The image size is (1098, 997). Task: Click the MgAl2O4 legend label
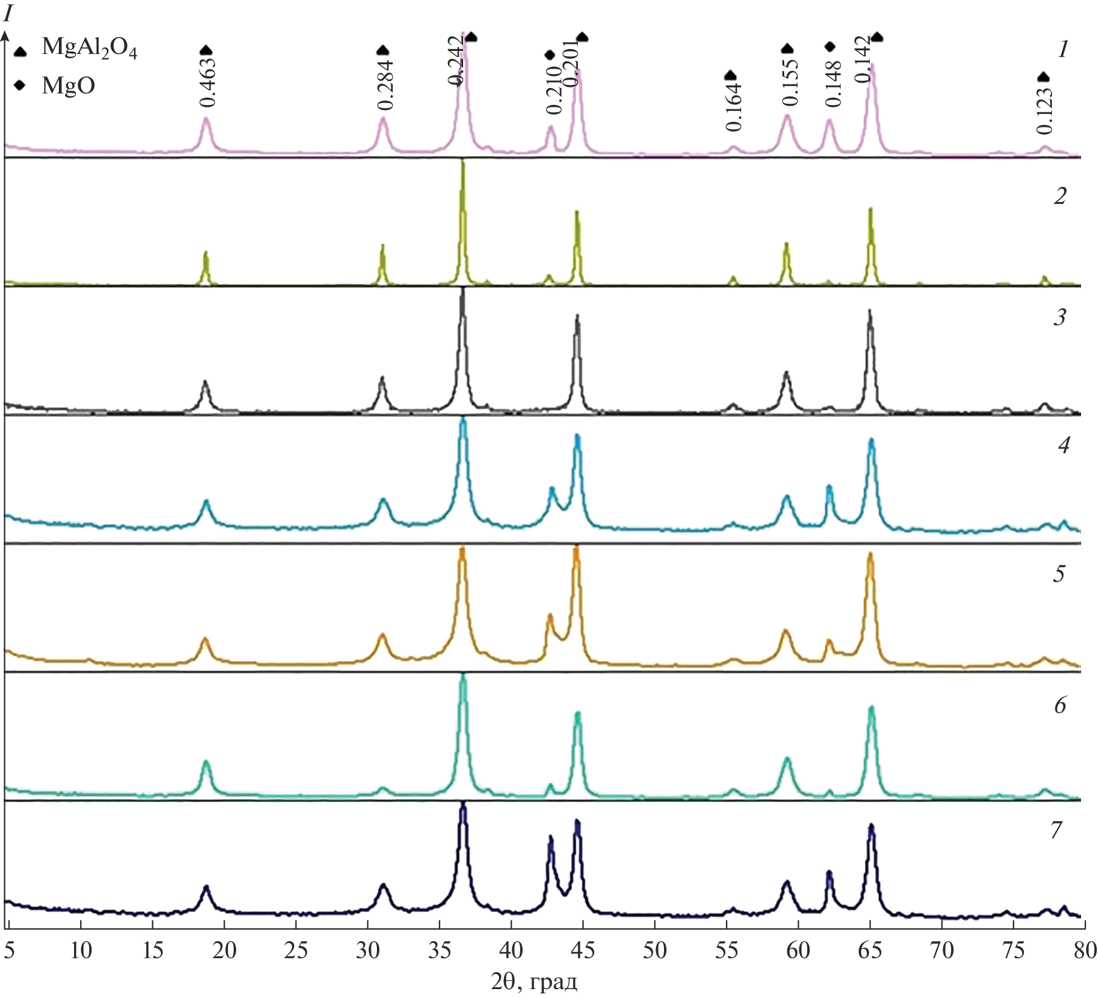[x=89, y=48]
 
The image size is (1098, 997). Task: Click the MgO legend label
[x=68, y=86]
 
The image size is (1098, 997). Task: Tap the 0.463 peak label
[x=208, y=83]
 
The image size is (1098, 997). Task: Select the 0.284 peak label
[x=385, y=86]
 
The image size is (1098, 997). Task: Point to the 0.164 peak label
[x=733, y=107]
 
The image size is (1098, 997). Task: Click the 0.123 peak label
[x=1044, y=110]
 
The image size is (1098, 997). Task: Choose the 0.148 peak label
[x=833, y=84]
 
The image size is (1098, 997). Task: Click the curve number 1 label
[x=1062, y=50]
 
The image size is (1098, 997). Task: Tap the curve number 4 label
[x=1063, y=445]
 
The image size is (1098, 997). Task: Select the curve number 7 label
[x=1056, y=830]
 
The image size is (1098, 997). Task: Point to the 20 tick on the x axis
[x=225, y=950]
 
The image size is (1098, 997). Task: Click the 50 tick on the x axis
[x=654, y=950]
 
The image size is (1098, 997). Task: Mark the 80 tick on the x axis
[x=1084, y=950]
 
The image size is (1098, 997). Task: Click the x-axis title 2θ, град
[x=534, y=982]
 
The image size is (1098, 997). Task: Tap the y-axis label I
[x=8, y=13]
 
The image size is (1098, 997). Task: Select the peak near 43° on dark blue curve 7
[x=551, y=839]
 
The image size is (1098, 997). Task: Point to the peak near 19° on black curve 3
[x=205, y=383]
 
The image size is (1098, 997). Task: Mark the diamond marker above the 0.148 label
[x=830, y=47]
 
